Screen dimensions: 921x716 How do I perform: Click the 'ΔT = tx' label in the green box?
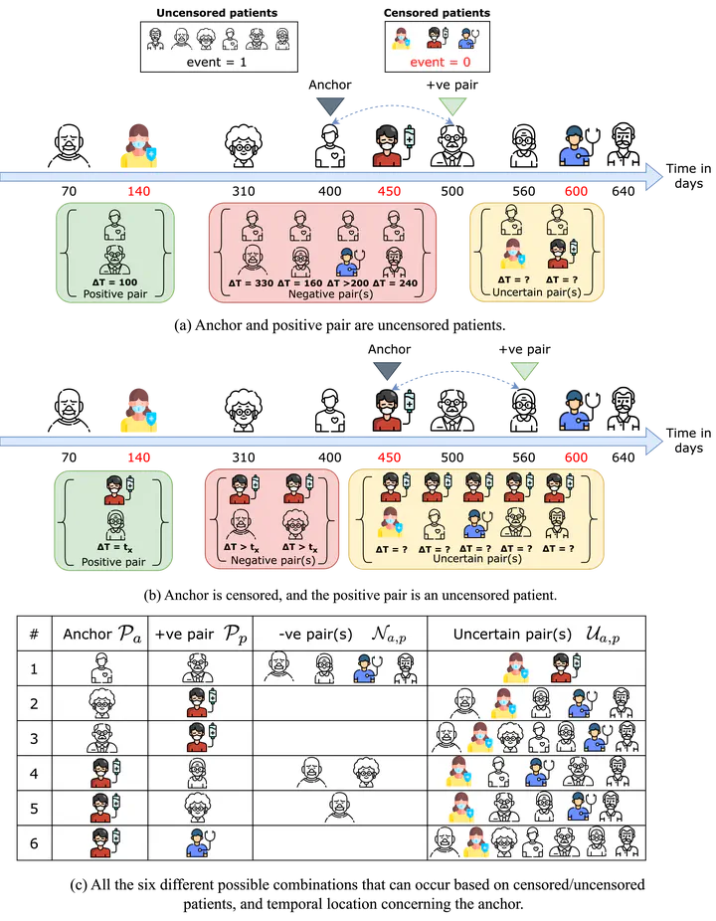pos(114,548)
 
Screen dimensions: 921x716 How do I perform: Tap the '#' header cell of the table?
pos(34,634)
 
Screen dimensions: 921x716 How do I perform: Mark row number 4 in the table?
pos(34,772)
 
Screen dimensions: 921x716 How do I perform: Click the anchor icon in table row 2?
pos(99,703)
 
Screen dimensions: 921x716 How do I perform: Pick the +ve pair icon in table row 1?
pos(199,668)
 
